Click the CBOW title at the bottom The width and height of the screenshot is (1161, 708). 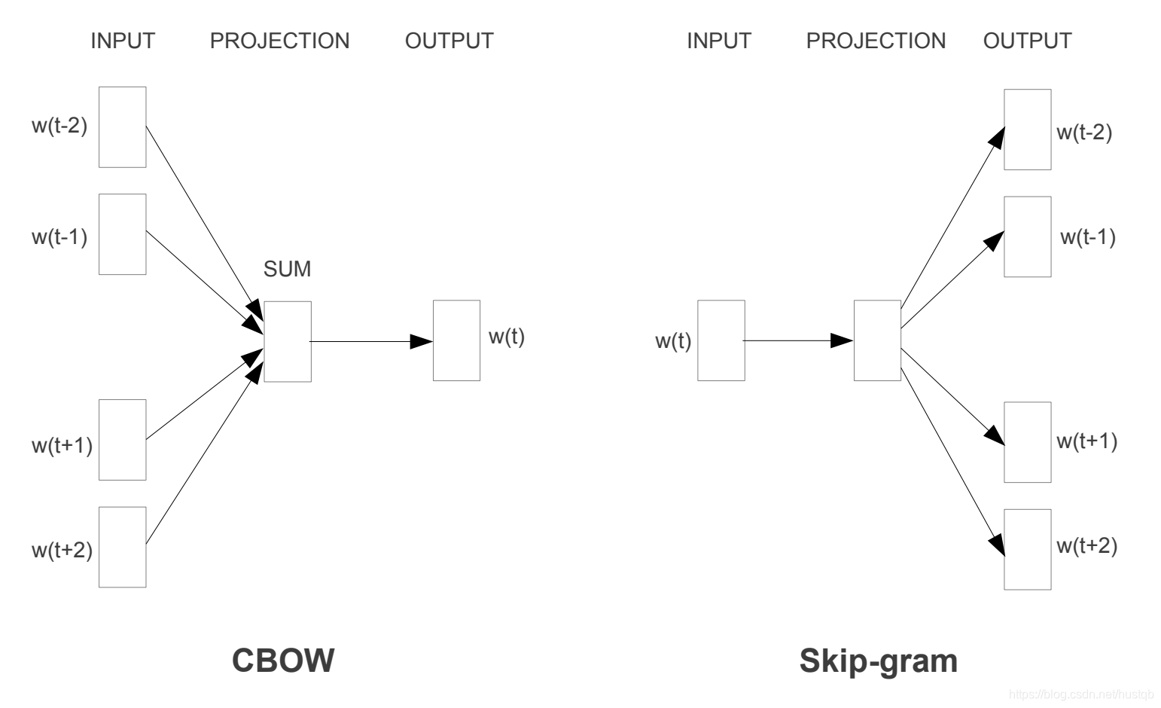[x=282, y=661]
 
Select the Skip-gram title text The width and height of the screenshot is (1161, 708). [x=878, y=661]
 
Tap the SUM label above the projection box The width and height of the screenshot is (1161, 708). [x=287, y=269]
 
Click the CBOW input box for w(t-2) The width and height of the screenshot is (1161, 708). [x=122, y=127]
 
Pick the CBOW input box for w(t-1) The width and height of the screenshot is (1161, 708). [x=122, y=234]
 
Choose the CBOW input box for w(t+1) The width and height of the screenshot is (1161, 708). [x=122, y=439]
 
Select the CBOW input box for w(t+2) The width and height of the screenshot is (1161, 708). [x=122, y=547]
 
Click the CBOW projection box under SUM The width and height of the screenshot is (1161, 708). [x=288, y=341]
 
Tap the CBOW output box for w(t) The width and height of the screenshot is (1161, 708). [x=456, y=340]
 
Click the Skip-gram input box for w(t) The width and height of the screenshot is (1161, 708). [x=721, y=340]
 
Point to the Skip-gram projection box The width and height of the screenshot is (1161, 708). [x=877, y=340]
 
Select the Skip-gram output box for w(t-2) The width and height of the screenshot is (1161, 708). [x=1027, y=130]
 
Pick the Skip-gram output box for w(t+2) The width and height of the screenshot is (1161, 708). [x=1027, y=549]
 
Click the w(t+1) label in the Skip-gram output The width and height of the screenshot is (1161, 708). [x=1086, y=441]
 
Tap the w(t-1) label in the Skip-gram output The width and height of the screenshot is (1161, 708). [x=1087, y=237]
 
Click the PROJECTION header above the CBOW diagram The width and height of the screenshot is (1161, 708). [x=279, y=41]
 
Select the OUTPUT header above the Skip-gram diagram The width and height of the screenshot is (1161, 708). [x=1027, y=41]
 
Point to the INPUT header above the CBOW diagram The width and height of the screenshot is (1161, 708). [x=123, y=41]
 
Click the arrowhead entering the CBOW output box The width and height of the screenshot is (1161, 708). [x=422, y=341]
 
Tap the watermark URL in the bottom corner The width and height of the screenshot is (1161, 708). [x=1080, y=694]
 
